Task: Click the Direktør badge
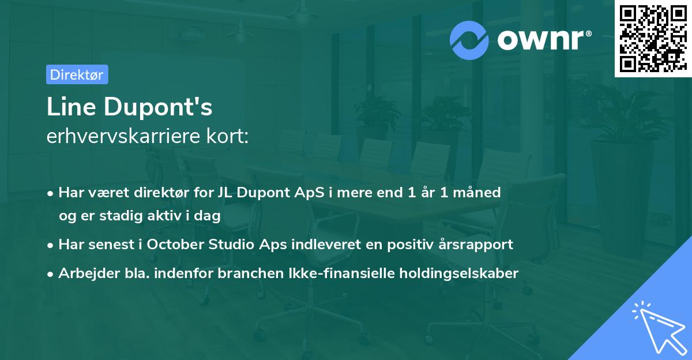[77, 74]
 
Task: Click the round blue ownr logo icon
[469, 40]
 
